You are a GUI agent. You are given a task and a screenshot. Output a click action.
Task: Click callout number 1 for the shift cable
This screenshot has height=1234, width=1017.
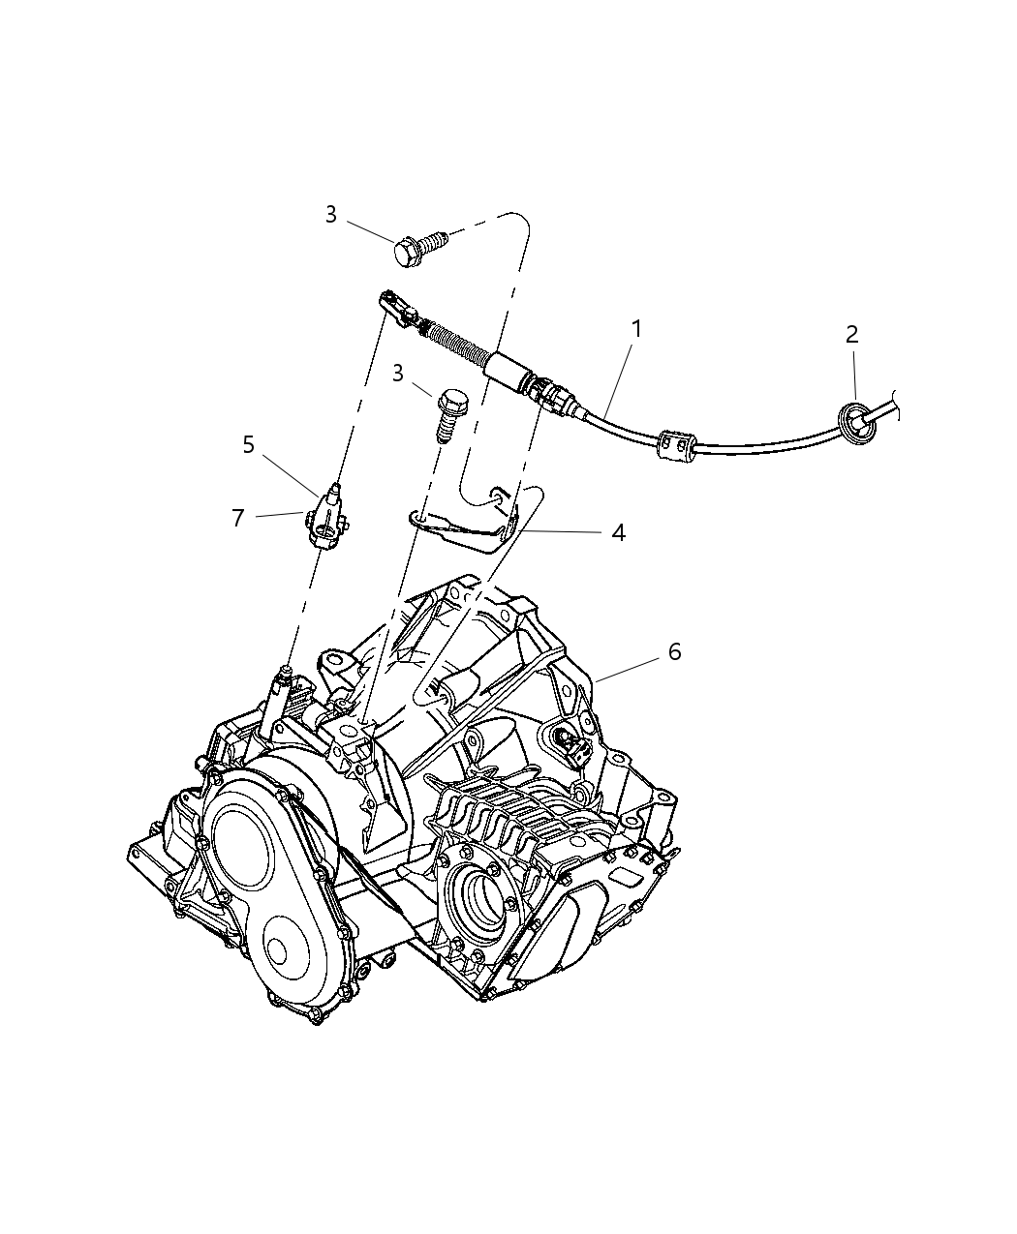(x=636, y=330)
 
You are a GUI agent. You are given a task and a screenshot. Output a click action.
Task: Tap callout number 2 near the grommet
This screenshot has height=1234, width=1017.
(x=851, y=335)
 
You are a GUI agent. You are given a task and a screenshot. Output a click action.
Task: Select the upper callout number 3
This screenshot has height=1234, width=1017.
(x=331, y=215)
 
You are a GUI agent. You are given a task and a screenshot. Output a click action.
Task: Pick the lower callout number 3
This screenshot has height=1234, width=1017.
(x=398, y=374)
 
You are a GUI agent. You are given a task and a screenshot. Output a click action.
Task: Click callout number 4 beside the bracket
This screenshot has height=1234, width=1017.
(x=618, y=532)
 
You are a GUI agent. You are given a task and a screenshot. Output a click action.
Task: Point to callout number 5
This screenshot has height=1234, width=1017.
(x=249, y=444)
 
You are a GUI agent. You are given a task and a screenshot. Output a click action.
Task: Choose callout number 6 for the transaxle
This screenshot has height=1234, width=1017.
(x=674, y=652)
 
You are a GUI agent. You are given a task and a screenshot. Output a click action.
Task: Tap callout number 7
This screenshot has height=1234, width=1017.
(x=237, y=518)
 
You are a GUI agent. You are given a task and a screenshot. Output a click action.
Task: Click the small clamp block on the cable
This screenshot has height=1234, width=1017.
(x=675, y=444)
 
